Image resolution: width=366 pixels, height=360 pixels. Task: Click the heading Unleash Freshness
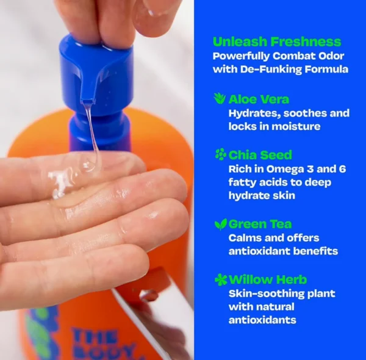(x=277, y=41)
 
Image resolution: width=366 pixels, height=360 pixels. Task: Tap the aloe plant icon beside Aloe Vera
(x=220, y=98)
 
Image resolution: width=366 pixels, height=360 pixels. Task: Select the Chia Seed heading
(x=260, y=155)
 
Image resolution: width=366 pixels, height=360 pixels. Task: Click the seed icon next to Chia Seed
(x=220, y=154)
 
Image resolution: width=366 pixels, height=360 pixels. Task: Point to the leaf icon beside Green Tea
(x=221, y=224)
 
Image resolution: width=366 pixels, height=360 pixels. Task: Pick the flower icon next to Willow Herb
(x=221, y=279)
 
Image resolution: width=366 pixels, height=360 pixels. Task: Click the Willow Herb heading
(x=268, y=279)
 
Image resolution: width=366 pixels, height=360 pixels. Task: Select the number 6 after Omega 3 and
(x=342, y=169)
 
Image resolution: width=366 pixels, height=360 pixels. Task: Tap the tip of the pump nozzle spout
(x=87, y=101)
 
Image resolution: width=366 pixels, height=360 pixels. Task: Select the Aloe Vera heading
(x=259, y=99)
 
